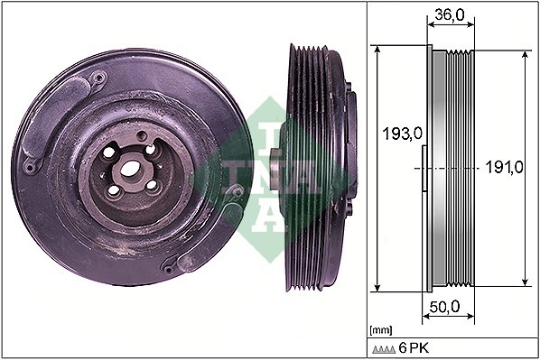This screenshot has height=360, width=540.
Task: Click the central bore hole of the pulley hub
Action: tap(129, 169)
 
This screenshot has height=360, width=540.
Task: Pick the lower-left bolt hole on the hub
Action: tap(114, 191)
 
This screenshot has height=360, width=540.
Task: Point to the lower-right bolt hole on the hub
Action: tap(151, 185)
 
